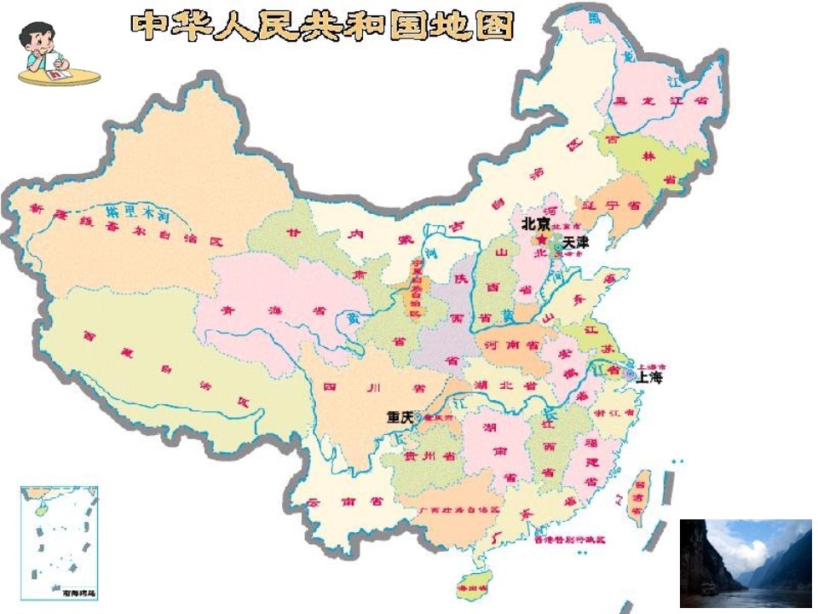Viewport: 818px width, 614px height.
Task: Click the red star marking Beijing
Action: point(540,239)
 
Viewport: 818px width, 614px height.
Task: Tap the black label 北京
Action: point(535,223)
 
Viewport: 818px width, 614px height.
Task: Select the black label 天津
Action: point(575,243)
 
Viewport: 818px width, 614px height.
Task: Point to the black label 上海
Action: point(649,377)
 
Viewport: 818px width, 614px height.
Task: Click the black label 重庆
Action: point(399,417)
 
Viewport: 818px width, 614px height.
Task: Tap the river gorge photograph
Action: point(746,563)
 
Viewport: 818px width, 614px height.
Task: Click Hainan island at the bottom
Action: point(474,586)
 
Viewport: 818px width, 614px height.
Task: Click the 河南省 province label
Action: point(510,345)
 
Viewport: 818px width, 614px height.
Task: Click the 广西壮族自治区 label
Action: point(458,508)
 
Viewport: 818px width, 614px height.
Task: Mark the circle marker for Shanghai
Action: point(629,374)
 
